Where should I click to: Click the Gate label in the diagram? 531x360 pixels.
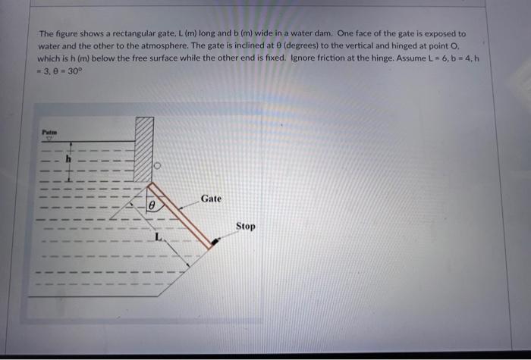211,199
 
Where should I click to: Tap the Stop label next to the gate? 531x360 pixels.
245,226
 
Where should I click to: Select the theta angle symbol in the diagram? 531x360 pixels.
151,205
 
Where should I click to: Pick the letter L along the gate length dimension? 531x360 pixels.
157,238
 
